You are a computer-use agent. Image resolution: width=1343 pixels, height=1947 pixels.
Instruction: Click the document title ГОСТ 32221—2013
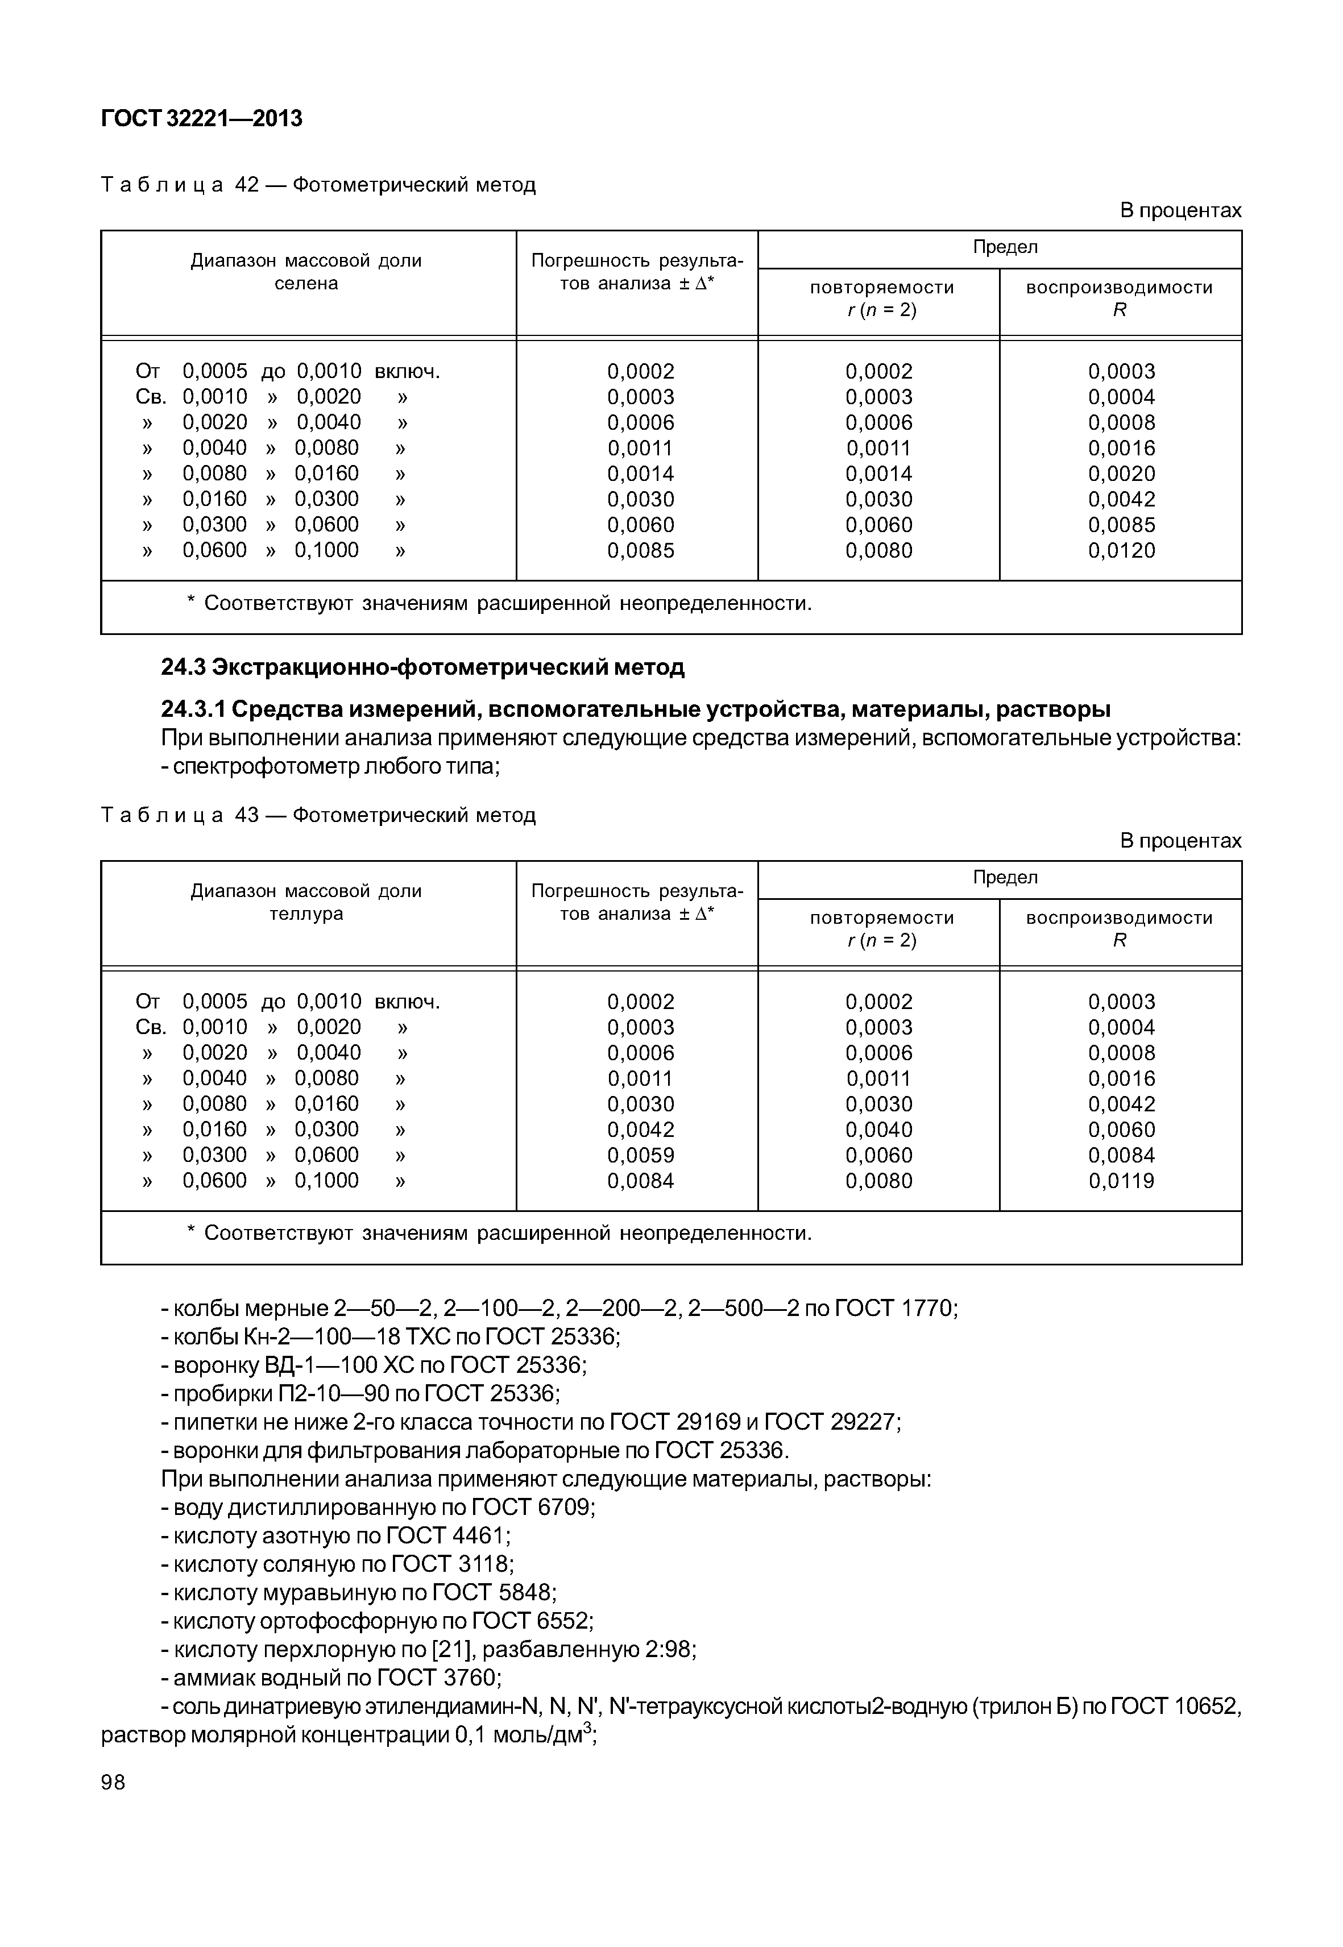[x=201, y=119]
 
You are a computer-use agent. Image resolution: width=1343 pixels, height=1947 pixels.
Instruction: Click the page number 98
[x=113, y=1782]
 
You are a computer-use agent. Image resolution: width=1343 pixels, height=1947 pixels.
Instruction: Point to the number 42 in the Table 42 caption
[x=247, y=185]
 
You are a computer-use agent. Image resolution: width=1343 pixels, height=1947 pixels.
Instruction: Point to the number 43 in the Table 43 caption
[x=247, y=815]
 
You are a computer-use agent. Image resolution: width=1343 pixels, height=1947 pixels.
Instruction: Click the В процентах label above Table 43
[x=1180, y=841]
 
